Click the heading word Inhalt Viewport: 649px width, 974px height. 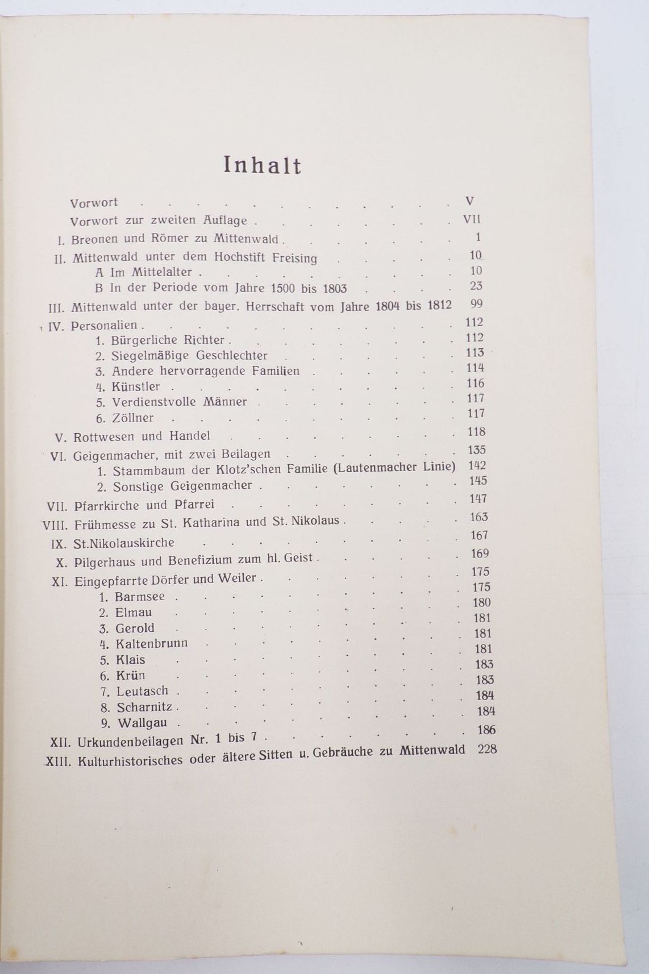tap(262, 165)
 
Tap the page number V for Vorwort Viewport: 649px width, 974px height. tap(469, 201)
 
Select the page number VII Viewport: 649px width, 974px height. tap(472, 219)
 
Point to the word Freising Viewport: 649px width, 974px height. tap(294, 258)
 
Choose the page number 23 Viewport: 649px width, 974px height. tap(476, 286)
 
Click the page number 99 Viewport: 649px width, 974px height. tap(476, 304)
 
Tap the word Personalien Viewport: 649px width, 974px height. tap(105, 326)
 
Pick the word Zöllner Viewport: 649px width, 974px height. tap(133, 418)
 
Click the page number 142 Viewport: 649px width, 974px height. tap(476, 465)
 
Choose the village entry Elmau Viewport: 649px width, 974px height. tap(134, 613)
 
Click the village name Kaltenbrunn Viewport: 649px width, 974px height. tap(152, 644)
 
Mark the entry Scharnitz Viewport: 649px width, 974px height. tap(145, 707)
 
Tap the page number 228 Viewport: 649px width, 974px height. tap(487, 749)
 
